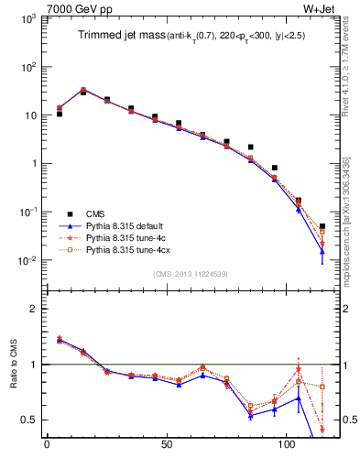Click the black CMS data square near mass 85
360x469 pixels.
coord(251,147)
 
